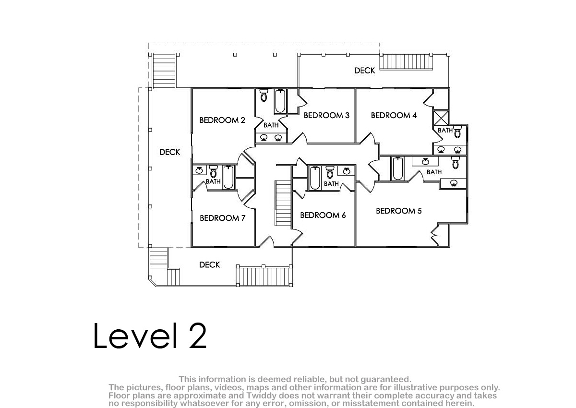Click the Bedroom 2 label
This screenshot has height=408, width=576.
tap(222, 120)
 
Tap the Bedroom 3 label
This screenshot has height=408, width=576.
tap(326, 115)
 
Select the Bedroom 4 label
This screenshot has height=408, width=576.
tap(394, 115)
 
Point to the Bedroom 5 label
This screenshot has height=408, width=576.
tap(399, 211)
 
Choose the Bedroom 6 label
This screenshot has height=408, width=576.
tap(323, 215)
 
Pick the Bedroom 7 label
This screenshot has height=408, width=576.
tap(222, 218)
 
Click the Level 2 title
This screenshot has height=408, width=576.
tap(150, 336)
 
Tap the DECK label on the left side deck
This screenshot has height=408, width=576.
tap(170, 152)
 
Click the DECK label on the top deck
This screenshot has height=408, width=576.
tap(365, 71)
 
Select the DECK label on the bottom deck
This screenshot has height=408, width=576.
tap(210, 265)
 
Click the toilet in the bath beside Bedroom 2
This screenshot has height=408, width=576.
tap(264, 95)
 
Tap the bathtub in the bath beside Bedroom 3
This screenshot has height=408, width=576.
tap(280, 101)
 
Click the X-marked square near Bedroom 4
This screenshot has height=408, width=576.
tap(441, 118)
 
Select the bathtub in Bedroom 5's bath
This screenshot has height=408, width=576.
tap(398, 168)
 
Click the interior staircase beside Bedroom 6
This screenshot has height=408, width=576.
tap(283, 203)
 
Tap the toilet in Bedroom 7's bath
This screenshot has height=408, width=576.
tap(214, 171)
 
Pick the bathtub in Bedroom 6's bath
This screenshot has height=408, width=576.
tap(315, 178)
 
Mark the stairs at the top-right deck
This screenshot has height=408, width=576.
tap(406, 62)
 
